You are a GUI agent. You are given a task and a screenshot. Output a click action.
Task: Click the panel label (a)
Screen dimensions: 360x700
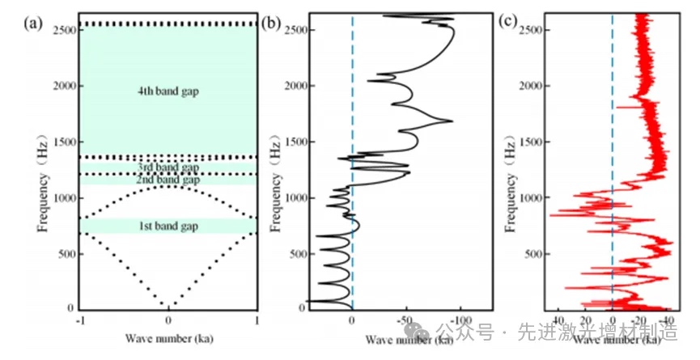(35, 23)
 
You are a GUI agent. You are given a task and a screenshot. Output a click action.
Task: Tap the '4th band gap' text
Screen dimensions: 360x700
(168, 91)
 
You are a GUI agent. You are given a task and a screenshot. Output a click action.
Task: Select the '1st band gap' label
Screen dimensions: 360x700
(168, 225)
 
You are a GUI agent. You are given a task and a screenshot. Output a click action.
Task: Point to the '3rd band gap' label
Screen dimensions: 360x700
(168, 167)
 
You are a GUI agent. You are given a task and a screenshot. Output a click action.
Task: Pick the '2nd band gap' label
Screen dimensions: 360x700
(168, 179)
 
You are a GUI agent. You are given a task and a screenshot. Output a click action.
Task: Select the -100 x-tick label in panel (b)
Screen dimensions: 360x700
(460, 320)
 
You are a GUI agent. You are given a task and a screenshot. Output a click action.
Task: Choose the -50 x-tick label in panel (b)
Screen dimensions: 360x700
(406, 320)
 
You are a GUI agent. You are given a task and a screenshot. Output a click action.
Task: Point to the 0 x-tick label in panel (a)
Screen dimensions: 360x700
(168, 320)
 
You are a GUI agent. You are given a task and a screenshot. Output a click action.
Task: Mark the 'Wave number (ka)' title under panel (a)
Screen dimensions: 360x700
(168, 336)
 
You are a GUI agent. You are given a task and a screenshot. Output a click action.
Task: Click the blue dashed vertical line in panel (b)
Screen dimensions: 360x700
(352, 162)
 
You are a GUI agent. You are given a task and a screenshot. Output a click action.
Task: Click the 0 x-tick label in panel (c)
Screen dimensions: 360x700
(613, 320)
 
